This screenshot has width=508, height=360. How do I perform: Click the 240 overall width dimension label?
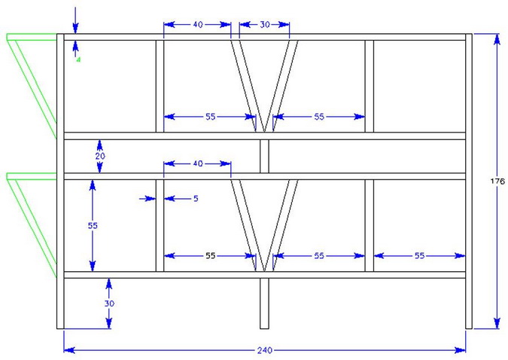click(x=265, y=350)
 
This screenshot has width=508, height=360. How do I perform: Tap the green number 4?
click(x=78, y=59)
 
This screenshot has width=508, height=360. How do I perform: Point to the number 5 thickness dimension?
click(x=196, y=199)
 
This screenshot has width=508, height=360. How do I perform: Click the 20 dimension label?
click(x=100, y=156)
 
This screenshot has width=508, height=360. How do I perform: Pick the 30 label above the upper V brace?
click(x=265, y=24)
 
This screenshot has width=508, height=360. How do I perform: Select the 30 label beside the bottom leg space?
click(x=109, y=304)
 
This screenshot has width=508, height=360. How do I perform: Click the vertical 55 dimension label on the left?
click(x=93, y=225)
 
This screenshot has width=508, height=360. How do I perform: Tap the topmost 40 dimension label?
click(x=198, y=24)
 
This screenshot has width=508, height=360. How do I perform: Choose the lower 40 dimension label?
click(x=198, y=163)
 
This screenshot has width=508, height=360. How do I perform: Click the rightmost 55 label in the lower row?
click(x=419, y=255)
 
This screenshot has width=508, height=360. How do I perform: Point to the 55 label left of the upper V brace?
click(x=211, y=117)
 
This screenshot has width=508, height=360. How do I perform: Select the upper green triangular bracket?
click(x=32, y=86)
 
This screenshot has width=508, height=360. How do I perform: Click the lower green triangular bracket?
click(x=32, y=225)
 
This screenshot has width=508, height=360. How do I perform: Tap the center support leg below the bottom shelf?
click(x=264, y=304)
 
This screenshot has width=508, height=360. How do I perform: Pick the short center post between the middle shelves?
click(x=264, y=157)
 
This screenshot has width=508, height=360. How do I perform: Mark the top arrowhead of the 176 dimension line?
click(x=497, y=39)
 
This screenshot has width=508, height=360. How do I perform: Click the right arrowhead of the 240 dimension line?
click(x=460, y=350)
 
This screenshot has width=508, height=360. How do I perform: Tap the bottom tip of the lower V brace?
click(x=264, y=271)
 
